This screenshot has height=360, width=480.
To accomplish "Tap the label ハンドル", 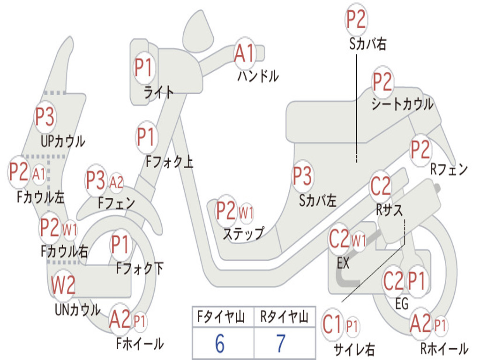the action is [x=258, y=76].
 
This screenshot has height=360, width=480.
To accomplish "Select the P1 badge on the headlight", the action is [x=144, y=67].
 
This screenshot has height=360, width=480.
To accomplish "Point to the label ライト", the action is [x=158, y=92].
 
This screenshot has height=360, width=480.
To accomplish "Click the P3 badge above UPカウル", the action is [x=45, y=117].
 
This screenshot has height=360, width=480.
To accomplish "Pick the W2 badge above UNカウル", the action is [x=63, y=285].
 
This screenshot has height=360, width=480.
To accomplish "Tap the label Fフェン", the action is [x=117, y=202].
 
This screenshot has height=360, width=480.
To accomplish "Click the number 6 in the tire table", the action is [x=220, y=343].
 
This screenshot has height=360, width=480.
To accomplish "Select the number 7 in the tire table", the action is [x=281, y=343].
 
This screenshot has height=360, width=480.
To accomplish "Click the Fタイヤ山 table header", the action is [x=221, y=316].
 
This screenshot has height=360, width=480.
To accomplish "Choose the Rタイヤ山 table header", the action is [x=284, y=316].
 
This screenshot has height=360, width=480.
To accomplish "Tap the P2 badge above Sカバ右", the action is [x=356, y=20].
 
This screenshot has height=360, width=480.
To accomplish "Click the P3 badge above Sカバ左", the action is [x=302, y=176].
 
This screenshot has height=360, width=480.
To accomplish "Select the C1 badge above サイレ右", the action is [x=333, y=325].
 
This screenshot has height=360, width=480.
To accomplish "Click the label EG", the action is [x=402, y=304].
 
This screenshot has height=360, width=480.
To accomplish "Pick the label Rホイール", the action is [x=444, y=348].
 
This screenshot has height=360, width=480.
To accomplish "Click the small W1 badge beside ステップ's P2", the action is [x=246, y=212].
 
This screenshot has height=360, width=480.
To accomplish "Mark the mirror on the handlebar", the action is [x=198, y=31].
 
